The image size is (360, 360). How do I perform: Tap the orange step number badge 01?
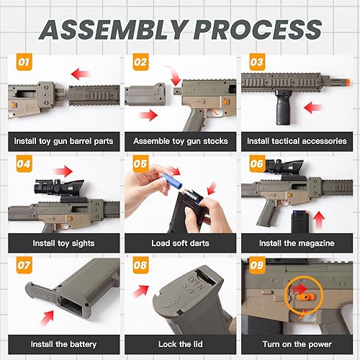(24, 63)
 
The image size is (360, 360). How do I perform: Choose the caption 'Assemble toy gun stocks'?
(180, 141)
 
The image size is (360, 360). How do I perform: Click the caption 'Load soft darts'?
(180, 243)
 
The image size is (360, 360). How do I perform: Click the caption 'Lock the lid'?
(180, 345)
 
